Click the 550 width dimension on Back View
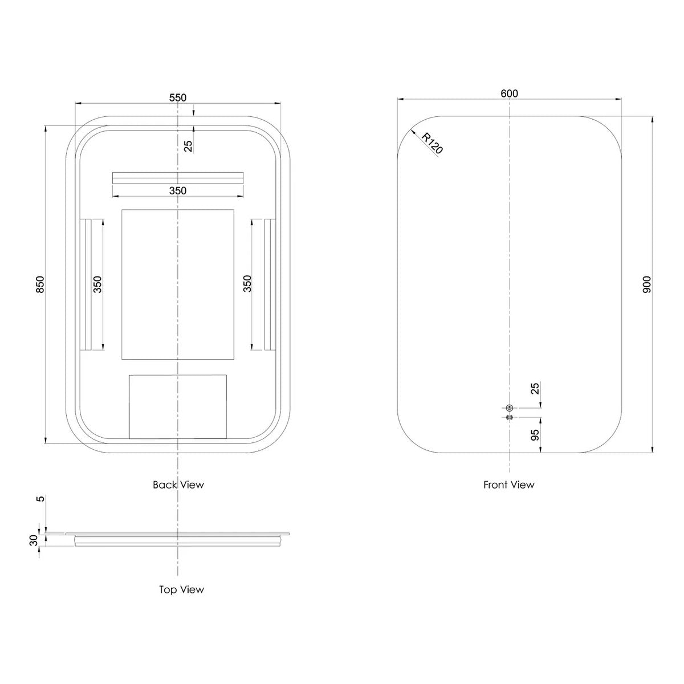[177, 97]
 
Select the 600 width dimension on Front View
[510, 93]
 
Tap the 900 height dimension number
[647, 284]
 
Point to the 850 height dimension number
[40, 284]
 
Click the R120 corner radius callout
[432, 143]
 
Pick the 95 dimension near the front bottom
[535, 434]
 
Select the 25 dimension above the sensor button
[535, 388]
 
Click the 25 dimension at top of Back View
[189, 146]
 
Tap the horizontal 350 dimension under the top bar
[177, 191]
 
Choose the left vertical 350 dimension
[97, 284]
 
